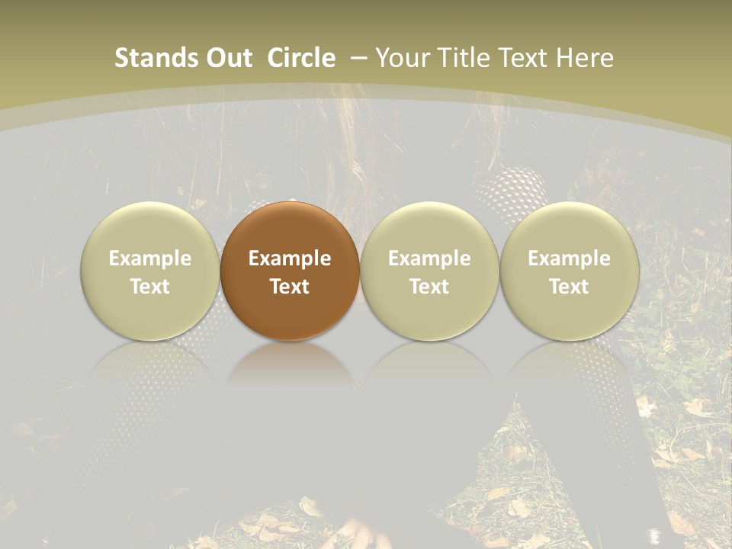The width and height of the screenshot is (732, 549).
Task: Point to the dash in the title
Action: (x=359, y=58)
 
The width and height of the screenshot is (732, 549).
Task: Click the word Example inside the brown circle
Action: (x=290, y=258)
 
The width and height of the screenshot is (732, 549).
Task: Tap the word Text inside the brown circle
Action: (x=290, y=287)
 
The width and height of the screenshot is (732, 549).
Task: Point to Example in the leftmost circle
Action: (x=149, y=258)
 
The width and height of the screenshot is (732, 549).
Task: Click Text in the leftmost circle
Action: (x=149, y=287)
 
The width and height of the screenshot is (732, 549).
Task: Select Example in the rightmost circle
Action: (x=569, y=258)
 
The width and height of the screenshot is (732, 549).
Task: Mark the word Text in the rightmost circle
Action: (x=569, y=287)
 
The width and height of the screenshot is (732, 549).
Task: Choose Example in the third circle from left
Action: (x=429, y=258)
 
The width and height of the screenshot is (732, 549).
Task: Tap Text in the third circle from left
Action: (x=429, y=287)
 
